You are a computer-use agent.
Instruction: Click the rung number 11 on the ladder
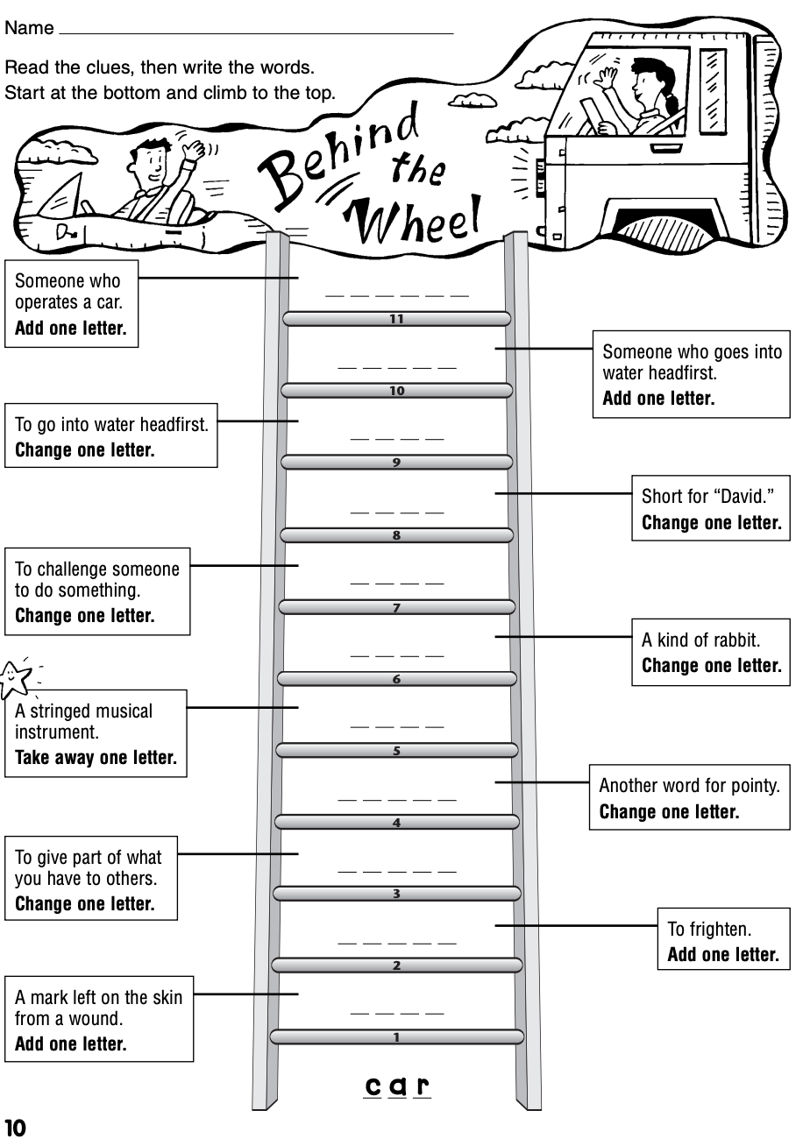(396, 319)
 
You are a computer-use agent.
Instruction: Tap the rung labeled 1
(396, 1037)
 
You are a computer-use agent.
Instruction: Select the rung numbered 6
(396, 679)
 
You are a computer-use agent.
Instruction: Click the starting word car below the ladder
(397, 1087)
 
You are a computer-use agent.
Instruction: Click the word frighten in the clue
(722, 929)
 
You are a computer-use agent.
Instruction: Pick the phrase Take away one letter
(96, 758)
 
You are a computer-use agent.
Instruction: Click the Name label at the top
(29, 28)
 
